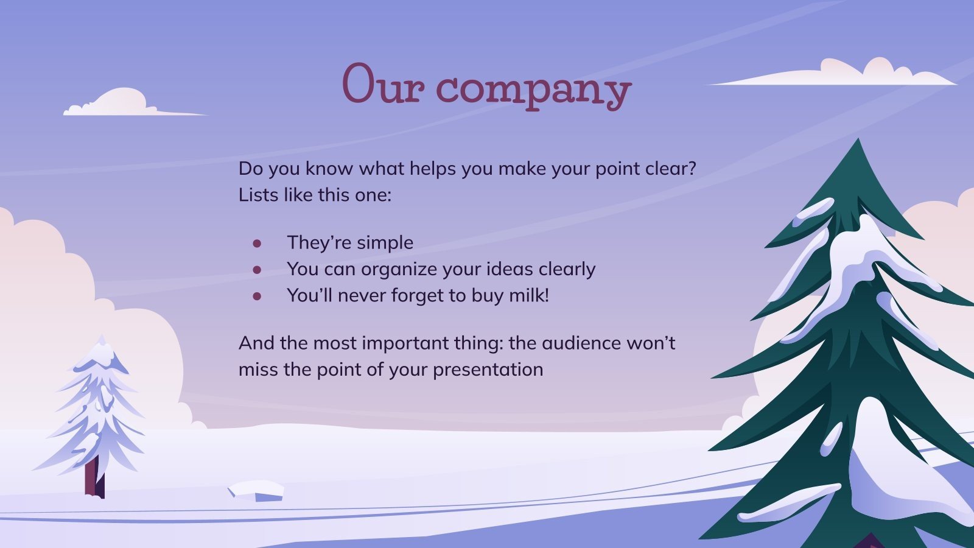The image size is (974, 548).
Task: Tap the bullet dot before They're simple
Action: pos(257,244)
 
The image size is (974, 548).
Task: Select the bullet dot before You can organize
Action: pos(257,270)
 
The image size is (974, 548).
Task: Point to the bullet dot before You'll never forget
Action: pos(257,297)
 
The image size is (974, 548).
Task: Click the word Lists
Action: pos(258,195)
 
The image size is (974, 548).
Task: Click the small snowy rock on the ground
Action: pos(256,491)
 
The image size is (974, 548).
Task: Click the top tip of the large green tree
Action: pos(858,142)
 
